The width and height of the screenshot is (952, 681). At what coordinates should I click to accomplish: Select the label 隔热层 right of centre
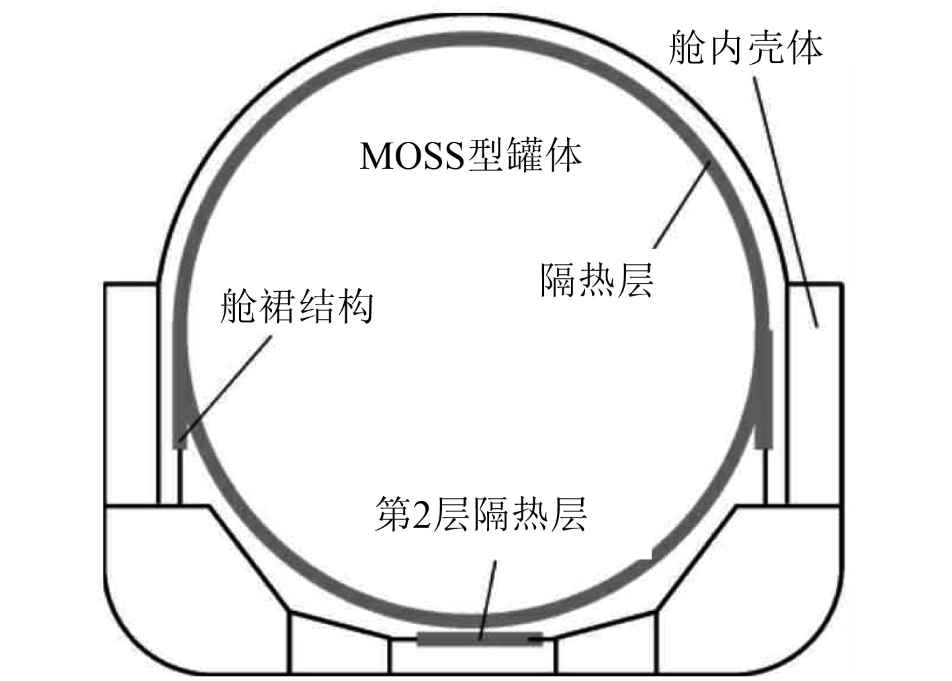click(597, 280)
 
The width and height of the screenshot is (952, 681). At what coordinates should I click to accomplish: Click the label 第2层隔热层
click(480, 515)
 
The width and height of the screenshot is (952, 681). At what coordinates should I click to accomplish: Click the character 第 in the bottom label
click(391, 515)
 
